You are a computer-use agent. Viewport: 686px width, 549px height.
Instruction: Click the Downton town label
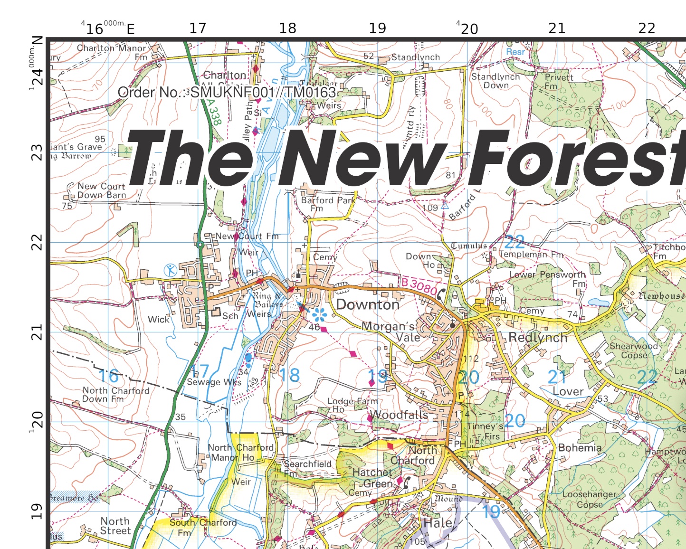tap(368, 304)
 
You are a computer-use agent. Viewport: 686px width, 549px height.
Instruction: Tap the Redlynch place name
tap(538, 338)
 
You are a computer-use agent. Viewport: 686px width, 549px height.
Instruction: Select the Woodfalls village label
tap(399, 415)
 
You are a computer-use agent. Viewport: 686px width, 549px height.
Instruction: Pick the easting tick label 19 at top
tap(377, 28)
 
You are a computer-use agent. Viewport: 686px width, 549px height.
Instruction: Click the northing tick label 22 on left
tap(37, 243)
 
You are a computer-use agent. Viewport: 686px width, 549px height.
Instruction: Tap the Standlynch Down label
tap(495, 81)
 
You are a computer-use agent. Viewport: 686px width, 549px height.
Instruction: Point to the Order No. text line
tap(227, 92)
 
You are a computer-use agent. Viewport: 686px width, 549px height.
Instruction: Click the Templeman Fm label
tap(531, 255)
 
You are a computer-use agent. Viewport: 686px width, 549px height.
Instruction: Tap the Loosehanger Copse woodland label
tap(589, 499)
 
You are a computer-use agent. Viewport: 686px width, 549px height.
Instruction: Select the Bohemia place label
tap(580, 448)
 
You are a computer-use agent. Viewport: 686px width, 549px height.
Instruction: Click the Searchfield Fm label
tap(307, 468)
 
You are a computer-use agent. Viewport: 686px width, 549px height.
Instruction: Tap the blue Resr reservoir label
tap(515, 52)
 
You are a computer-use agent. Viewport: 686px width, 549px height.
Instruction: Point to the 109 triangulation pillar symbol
tap(445, 206)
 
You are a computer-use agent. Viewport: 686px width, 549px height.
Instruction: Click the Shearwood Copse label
tap(634, 350)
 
